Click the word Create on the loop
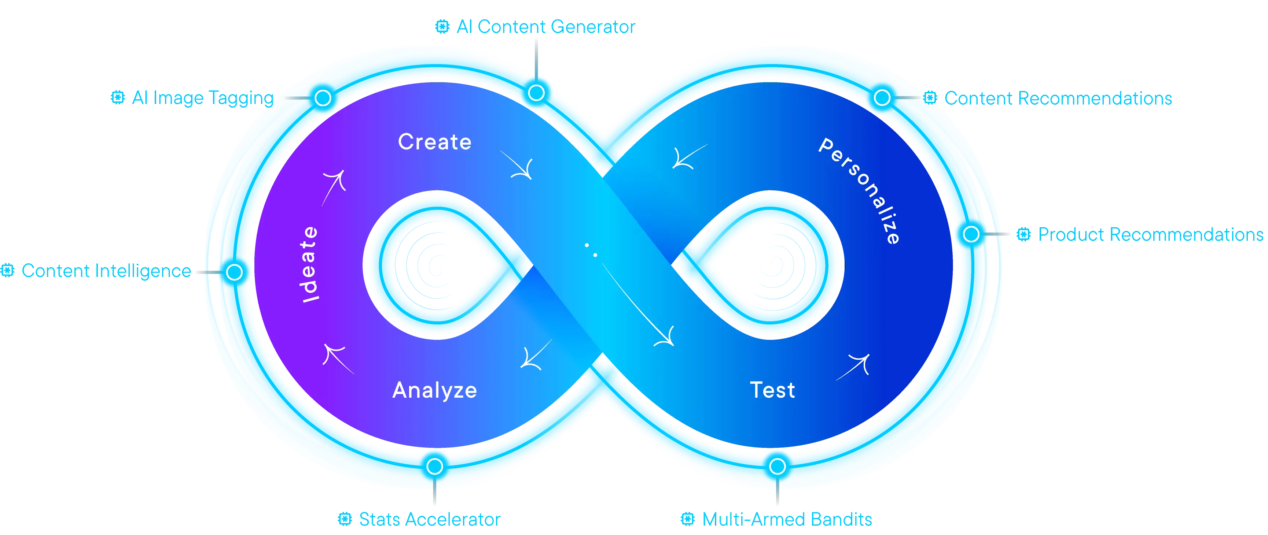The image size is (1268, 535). pos(435,142)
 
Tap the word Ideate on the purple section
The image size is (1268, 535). pos(310,264)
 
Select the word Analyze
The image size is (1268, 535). pos(435,390)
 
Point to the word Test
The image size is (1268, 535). pos(772,390)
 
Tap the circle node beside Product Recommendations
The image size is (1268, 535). pos(971,235)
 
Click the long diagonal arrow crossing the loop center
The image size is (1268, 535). pos(635,305)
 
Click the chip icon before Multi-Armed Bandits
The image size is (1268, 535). pos(688,519)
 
